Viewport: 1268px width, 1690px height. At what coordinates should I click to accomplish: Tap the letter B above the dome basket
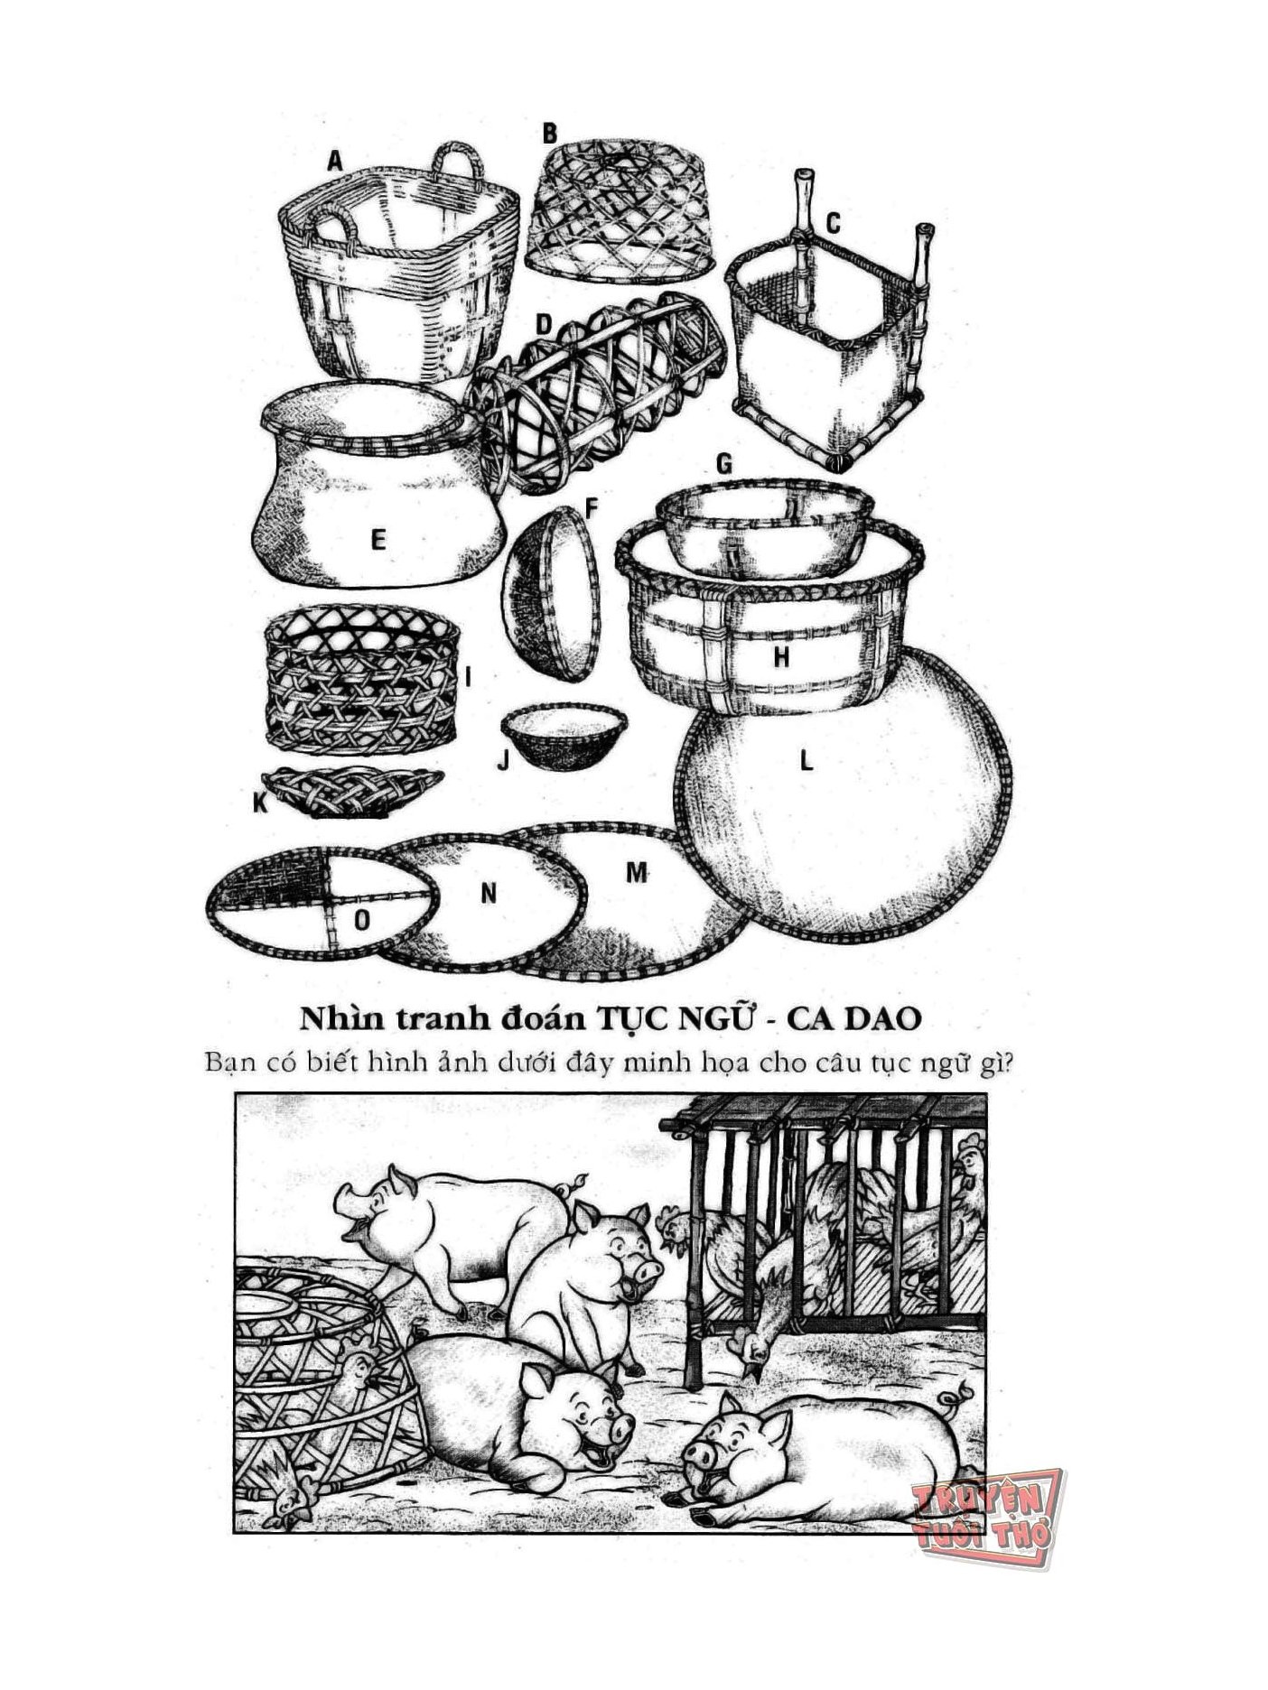pos(549,134)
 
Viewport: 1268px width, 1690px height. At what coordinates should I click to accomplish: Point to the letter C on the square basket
pos(833,222)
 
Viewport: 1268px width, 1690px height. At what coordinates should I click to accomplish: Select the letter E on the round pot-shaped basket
pos(378,540)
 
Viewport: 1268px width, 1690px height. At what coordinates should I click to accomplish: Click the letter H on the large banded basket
pos(781,657)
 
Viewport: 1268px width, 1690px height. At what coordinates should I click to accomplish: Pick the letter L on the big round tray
pos(806,761)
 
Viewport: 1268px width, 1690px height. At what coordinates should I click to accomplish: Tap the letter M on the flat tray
pos(638,872)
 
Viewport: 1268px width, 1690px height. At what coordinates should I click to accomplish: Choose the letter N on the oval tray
pos(489,893)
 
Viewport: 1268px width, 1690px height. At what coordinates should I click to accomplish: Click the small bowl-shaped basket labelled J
pos(564,737)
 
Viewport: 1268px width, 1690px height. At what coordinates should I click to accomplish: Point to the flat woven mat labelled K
pos(351,792)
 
